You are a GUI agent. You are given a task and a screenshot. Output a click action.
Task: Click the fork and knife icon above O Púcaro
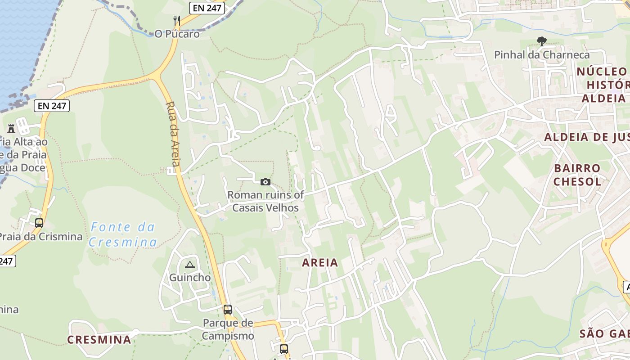pos(177,20)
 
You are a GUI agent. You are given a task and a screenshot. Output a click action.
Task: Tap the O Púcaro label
pos(177,34)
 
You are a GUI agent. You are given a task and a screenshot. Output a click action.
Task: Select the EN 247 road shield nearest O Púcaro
pos(207,8)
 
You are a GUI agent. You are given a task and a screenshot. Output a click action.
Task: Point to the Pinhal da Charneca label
pos(542,55)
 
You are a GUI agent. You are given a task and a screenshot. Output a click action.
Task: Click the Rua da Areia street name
pos(173,134)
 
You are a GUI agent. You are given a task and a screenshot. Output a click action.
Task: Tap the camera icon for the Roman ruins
pos(265,182)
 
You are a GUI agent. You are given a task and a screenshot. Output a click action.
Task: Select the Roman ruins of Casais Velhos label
pos(265,202)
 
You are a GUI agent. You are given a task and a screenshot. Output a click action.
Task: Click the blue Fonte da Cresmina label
pos(123,234)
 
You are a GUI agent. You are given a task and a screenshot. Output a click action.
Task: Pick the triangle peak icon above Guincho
pos(189,265)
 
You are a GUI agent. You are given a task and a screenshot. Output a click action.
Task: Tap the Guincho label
pos(189,278)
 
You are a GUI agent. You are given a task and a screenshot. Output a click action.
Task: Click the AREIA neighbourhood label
pos(320,263)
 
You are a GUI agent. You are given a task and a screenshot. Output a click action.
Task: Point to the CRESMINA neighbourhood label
pos(99,340)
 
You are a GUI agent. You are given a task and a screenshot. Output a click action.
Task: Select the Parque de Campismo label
pos(228,329)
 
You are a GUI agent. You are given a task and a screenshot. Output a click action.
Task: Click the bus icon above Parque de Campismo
pos(228,310)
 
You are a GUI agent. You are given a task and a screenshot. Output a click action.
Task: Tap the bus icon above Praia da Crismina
pos(39,223)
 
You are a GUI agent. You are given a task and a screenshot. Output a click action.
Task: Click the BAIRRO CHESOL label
pos(577,175)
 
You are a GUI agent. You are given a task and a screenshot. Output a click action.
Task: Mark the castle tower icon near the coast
pos(11,128)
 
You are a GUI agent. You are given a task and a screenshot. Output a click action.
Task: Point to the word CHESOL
pos(577,182)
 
